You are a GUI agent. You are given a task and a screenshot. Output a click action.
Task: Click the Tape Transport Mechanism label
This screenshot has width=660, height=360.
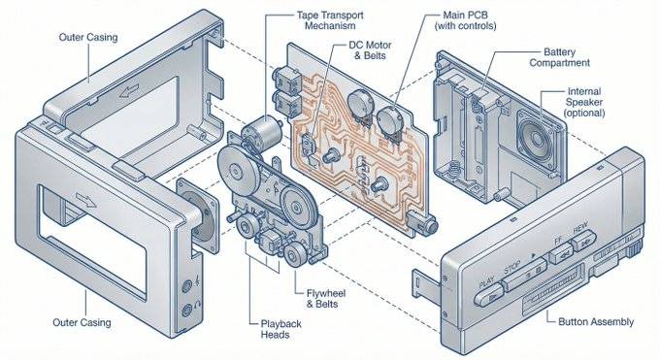[330, 20]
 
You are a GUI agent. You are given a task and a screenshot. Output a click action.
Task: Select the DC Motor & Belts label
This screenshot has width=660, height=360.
[370, 50]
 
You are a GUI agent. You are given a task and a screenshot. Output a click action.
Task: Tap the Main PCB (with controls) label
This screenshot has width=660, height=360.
[465, 20]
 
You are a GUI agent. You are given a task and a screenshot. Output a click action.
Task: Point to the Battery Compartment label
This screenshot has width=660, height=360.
[559, 57]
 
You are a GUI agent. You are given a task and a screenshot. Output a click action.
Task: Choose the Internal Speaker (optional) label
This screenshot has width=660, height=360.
[584, 102]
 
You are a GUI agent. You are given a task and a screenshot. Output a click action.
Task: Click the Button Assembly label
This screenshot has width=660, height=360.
[596, 322]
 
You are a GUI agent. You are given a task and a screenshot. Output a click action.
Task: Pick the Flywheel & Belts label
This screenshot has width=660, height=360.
[326, 298]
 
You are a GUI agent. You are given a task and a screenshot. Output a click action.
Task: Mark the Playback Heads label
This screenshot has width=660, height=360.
[280, 329]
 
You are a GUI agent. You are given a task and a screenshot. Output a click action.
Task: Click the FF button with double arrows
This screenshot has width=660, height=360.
[561, 253]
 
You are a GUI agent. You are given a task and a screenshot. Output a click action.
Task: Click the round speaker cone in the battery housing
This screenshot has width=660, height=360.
[536, 139]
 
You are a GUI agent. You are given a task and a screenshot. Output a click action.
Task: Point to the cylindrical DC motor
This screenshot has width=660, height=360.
[262, 130]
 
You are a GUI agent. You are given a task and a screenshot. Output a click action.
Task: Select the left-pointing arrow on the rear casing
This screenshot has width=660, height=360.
[129, 90]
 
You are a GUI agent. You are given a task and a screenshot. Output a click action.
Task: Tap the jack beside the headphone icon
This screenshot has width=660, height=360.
[187, 311]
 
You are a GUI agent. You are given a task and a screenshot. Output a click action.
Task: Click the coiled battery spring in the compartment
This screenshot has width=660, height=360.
[455, 171]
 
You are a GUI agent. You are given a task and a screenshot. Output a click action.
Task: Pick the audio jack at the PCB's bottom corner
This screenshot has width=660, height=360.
[422, 222]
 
